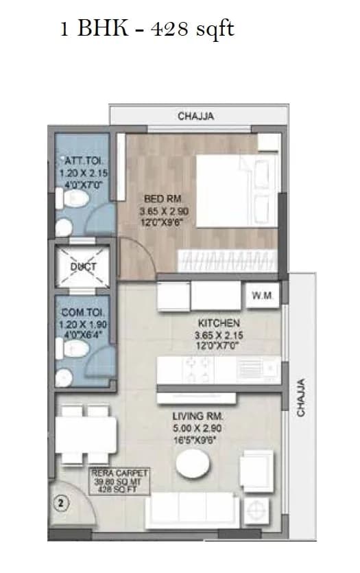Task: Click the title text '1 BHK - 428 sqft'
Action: coord(147,30)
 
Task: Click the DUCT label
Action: coord(83,267)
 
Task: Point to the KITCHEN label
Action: coord(218,323)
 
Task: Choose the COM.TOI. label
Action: coord(82,312)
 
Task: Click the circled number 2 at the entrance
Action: coord(60,502)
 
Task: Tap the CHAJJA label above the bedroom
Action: coord(195,116)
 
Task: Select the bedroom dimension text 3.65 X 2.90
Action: coord(163,211)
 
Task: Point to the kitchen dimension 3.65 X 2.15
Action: coord(218,336)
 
